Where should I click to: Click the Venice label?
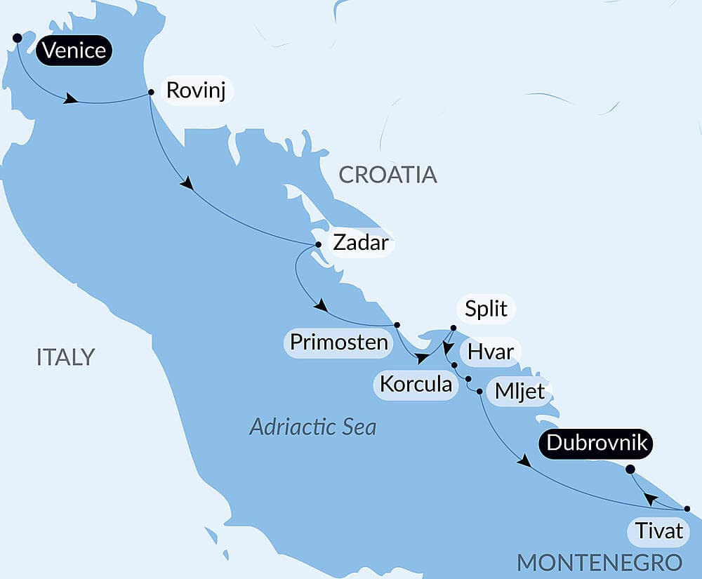[x=74, y=51]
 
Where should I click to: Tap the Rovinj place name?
[x=196, y=91]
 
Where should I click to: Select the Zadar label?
[x=359, y=243]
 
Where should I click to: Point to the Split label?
[x=486, y=309]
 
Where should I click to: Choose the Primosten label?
[x=339, y=342]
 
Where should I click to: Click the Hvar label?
[x=491, y=351]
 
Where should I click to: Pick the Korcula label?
[x=416, y=384]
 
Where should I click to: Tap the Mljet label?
[x=519, y=391]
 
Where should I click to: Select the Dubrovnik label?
[x=598, y=444]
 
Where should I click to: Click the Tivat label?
[x=658, y=531]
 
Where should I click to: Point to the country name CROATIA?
[x=388, y=175]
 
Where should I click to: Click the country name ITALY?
[x=65, y=357]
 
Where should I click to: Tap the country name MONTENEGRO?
[x=600, y=562]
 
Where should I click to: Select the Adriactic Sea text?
[x=313, y=426]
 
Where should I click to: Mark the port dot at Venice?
[x=17, y=37]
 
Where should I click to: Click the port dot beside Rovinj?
[x=151, y=92]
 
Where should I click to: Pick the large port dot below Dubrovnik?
[x=630, y=470]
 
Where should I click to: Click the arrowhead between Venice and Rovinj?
[x=70, y=99]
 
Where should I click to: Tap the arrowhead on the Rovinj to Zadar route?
[x=187, y=185]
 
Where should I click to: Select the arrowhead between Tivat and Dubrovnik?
[x=651, y=499]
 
